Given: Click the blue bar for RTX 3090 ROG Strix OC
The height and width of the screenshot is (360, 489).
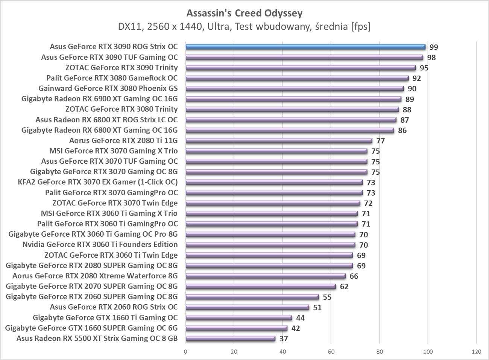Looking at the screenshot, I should [x=305, y=47].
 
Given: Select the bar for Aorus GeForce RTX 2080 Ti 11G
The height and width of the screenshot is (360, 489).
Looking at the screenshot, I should [x=279, y=141].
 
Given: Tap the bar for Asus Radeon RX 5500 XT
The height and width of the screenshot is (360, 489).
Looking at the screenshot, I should [x=230, y=339].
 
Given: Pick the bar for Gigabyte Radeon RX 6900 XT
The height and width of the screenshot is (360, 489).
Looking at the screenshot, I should [x=293, y=99].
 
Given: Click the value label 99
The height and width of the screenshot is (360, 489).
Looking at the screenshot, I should [x=434, y=47].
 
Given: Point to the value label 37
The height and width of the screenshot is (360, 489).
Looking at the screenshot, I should [x=284, y=339].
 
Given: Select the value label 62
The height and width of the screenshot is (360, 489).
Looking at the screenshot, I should [x=344, y=287].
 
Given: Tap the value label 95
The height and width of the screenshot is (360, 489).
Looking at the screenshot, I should [x=424, y=68].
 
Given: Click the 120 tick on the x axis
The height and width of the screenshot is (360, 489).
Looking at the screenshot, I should [x=476, y=352].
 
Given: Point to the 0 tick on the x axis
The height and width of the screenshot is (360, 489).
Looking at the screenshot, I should [x=185, y=352].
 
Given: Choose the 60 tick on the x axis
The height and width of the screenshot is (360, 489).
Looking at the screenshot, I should [x=331, y=352].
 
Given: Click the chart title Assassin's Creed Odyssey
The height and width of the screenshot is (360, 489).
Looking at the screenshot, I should [x=244, y=14].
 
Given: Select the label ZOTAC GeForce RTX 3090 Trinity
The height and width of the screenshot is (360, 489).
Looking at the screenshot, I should [x=121, y=68].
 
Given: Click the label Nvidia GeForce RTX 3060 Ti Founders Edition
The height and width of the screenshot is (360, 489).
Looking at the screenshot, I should [x=100, y=245].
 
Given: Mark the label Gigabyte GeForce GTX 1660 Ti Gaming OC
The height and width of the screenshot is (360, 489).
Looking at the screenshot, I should [x=105, y=317].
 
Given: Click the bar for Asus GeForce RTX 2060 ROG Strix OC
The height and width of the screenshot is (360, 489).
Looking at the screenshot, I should [x=247, y=307].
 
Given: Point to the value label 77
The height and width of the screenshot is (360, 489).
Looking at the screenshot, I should [x=380, y=141].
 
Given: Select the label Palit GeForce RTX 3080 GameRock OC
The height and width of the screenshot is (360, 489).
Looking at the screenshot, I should [x=112, y=78].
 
